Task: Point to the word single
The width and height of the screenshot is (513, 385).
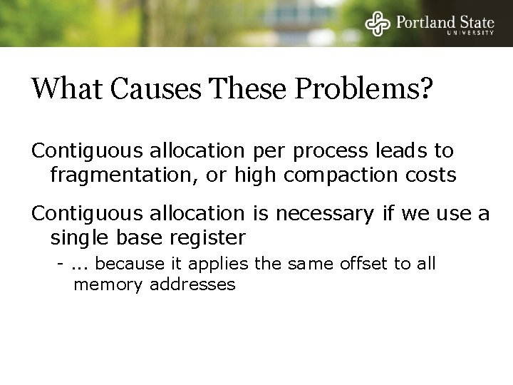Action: click(x=76, y=236)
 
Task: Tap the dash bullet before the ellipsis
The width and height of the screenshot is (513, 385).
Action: click(x=63, y=265)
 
